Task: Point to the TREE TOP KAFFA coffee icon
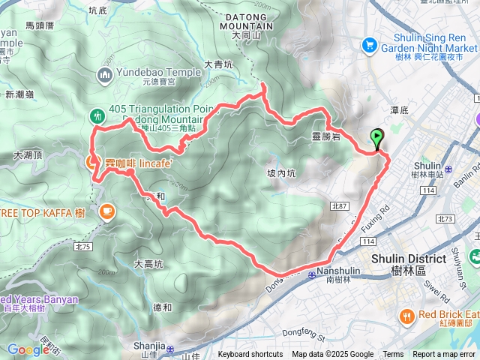coord(106,212)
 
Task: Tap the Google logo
coord(28,349)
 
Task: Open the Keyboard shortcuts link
coord(250,355)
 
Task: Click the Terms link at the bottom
coord(393,355)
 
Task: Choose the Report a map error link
coord(445,355)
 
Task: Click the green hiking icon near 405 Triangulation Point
coord(97,116)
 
